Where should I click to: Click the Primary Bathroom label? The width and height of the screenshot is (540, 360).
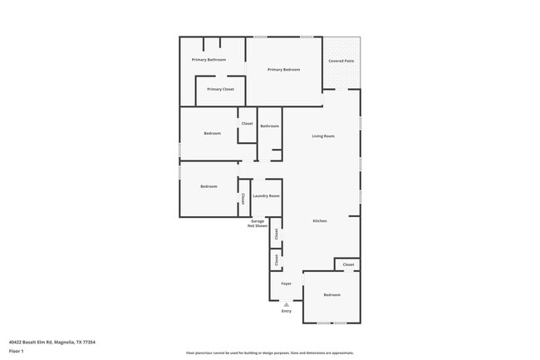coord(209,60)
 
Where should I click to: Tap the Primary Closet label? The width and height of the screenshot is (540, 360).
coord(220,89)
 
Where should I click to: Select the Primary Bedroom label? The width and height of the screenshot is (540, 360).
coord(283,70)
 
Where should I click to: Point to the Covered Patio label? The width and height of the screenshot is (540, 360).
coord(341,61)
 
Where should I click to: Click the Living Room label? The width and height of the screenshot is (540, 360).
coord(323,136)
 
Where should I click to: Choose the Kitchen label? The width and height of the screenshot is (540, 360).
coord(320,220)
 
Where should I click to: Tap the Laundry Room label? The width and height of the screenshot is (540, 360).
coord(266,195)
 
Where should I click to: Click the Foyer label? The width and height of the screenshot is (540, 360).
coord(286,284)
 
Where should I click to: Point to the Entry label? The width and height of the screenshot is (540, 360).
coord(287,311)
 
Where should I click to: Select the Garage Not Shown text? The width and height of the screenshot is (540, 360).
coord(258,223)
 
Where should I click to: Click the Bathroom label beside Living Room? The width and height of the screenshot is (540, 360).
coord(269,126)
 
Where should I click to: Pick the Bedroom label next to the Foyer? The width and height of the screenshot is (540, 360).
coord(332,295)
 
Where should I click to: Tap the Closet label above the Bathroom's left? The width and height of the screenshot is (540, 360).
coord(247,124)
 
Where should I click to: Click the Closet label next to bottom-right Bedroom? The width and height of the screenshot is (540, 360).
coord(348,264)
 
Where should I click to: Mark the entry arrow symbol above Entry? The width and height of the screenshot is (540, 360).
coord(287,304)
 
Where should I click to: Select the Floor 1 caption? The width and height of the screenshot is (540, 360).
coord(16,352)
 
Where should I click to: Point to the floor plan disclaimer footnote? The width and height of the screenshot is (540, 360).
coord(270,353)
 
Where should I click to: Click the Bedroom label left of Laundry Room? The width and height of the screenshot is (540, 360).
coord(209,186)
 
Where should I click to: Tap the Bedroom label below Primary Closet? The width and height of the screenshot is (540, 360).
coord(212,133)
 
